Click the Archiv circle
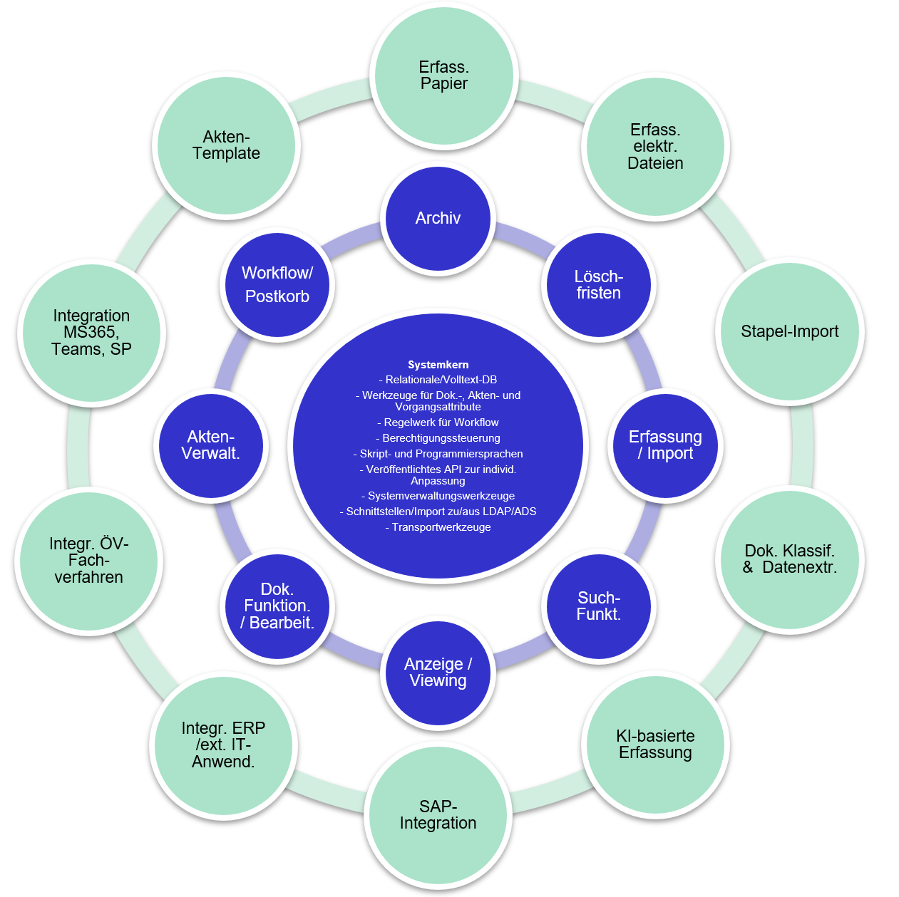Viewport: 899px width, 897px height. tap(438, 218)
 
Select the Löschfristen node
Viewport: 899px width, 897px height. tap(598, 285)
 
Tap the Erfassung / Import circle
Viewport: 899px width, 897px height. tap(665, 445)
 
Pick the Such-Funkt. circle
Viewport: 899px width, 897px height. tap(598, 606)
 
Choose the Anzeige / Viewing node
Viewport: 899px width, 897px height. tap(438, 673)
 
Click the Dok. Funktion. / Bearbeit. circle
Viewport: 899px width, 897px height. tap(277, 606)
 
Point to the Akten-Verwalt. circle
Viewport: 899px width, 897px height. tap(211, 445)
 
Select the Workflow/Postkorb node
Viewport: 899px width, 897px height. tap(277, 285)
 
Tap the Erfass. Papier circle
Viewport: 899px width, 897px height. tap(443, 76)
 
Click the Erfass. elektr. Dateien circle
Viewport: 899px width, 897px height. tap(655, 147)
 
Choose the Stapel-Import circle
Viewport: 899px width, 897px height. tap(789, 332)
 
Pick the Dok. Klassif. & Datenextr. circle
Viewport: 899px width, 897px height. tap(789, 559)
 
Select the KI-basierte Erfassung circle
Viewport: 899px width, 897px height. tap(655, 745)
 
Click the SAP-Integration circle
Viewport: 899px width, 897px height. tap(438, 815)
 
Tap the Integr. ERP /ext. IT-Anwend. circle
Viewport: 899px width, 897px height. tap(223, 745)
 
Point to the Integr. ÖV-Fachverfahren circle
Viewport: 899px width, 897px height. tap(89, 561)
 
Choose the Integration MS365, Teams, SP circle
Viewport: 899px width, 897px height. tap(91, 333)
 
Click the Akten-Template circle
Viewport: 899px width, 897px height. tap(226, 145)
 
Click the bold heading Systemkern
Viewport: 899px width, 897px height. tap(438, 365)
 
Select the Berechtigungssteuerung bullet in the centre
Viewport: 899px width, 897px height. tap(438, 438)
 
